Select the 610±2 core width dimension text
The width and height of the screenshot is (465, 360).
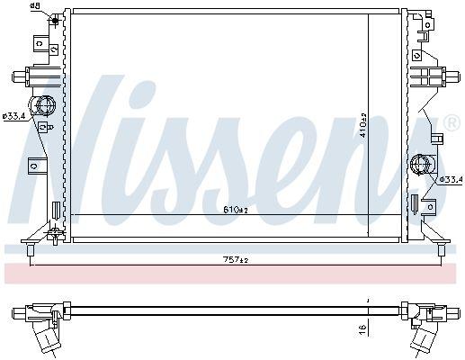(x=235, y=210)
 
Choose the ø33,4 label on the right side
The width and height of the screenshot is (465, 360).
(x=450, y=180)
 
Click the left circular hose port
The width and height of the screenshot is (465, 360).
(x=41, y=108)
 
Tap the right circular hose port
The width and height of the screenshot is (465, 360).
(x=420, y=166)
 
